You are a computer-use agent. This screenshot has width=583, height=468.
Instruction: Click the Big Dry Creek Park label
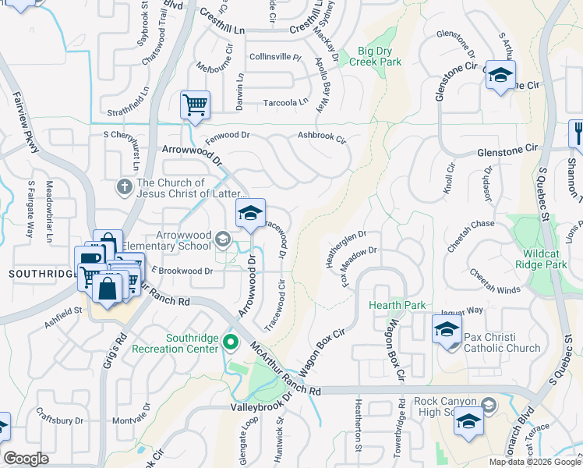pos(380,56)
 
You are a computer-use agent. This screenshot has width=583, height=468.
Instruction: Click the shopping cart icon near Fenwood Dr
pos(195,105)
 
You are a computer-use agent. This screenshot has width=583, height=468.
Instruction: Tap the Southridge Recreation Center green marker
pos(230,342)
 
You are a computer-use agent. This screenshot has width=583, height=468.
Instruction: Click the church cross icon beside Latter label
pos(124,187)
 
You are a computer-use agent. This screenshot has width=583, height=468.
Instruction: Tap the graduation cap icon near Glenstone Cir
pos(500,75)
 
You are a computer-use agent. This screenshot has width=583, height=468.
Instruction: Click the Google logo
pos(26,459)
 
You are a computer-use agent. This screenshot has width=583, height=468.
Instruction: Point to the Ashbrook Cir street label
pos(321,136)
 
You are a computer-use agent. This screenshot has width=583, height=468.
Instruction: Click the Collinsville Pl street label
pos(274,58)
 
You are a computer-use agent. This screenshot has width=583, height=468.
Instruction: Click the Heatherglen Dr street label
pos(345,246)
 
